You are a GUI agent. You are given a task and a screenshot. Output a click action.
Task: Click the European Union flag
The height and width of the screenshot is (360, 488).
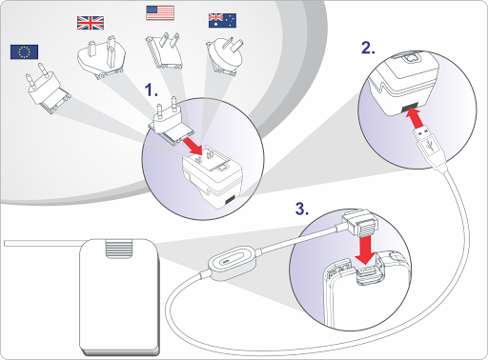(x=24, y=52)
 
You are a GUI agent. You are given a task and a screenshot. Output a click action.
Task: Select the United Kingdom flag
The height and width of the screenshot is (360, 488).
(x=91, y=23)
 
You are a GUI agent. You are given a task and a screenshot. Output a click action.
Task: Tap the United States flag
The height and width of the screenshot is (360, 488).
(x=160, y=13)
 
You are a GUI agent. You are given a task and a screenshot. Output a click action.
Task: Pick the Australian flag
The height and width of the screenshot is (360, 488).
(x=222, y=21)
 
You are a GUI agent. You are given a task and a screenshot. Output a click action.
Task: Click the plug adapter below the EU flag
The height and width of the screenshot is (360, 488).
(x=47, y=88)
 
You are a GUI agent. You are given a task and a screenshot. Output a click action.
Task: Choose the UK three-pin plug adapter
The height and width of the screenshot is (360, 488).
(x=102, y=58)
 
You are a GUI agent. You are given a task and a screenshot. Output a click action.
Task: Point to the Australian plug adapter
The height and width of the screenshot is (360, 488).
(x=225, y=57)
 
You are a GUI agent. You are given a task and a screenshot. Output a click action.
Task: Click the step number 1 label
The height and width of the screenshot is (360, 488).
(x=152, y=90)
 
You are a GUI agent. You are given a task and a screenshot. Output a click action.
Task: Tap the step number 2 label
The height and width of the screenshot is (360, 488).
(x=368, y=48)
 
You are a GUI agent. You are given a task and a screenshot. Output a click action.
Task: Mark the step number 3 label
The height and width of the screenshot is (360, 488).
(x=302, y=209)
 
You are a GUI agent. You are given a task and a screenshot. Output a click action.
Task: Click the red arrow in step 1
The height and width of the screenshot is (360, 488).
(x=193, y=148)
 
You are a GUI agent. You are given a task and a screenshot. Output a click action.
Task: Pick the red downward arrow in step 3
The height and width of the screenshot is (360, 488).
(x=366, y=250)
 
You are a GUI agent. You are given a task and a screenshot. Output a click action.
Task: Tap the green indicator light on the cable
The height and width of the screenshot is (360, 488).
(x=226, y=262)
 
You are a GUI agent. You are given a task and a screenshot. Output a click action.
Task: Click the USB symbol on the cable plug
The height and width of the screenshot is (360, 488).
(x=430, y=146)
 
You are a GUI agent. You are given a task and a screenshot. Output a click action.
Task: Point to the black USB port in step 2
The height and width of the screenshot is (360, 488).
(x=410, y=108)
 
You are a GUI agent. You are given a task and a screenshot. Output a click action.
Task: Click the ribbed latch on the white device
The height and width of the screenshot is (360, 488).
(x=119, y=249)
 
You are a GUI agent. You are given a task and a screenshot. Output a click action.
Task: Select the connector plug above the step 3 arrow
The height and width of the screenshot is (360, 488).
(x=360, y=223)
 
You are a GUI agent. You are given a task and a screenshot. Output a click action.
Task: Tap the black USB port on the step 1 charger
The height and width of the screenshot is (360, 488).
(x=230, y=200)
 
